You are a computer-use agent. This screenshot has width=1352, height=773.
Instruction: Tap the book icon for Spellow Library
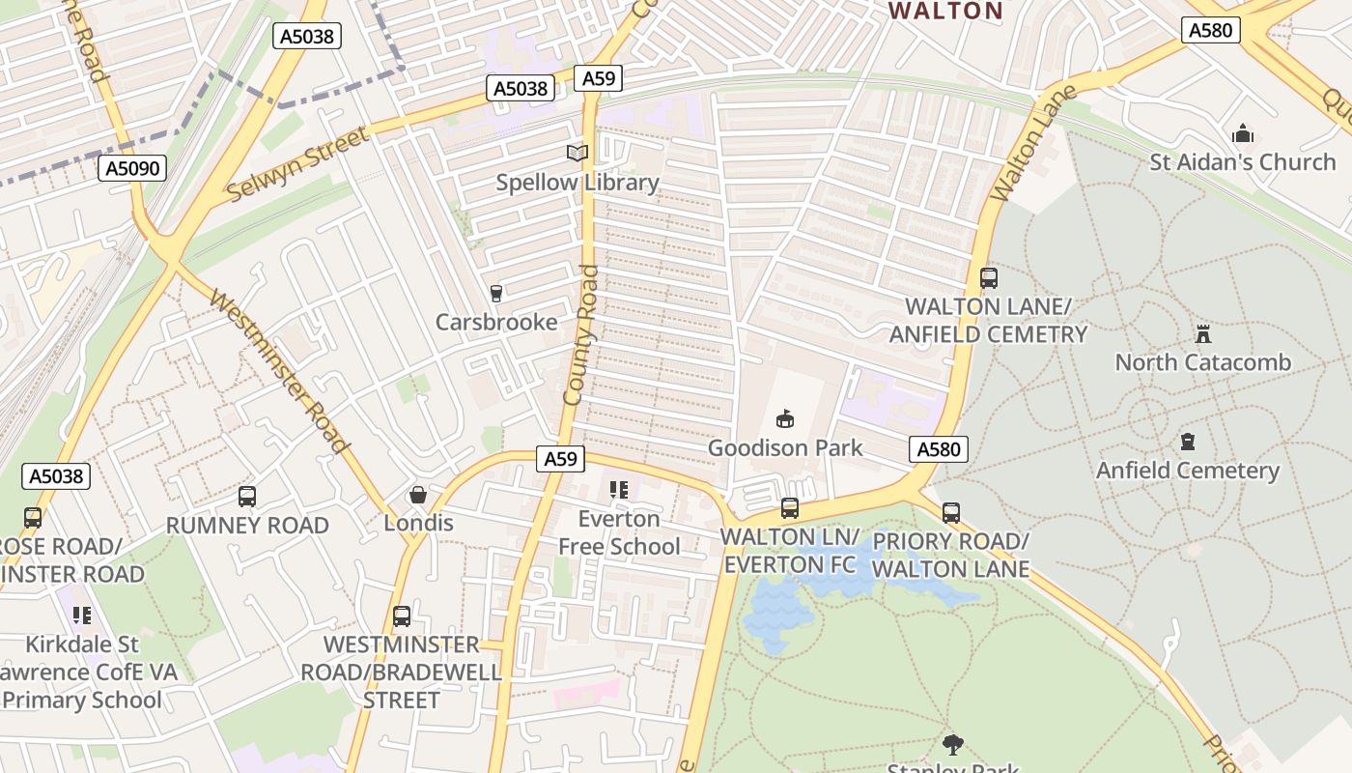click(577, 153)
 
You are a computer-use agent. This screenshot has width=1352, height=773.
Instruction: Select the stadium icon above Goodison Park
click(784, 419)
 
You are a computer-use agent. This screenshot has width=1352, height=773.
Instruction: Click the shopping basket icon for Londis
click(418, 495)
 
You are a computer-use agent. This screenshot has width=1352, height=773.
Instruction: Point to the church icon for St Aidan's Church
click(1243, 133)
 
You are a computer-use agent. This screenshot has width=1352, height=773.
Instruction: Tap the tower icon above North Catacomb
click(1203, 334)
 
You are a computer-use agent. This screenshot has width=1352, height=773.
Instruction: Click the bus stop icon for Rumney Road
click(247, 497)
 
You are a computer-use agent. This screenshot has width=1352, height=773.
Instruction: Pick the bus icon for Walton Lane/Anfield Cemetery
click(988, 278)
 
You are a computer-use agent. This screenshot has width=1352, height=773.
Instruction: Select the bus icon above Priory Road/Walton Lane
click(951, 512)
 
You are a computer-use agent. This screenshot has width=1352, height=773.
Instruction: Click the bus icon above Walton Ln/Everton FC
click(790, 508)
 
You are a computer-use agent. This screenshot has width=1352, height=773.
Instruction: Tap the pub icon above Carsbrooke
click(496, 293)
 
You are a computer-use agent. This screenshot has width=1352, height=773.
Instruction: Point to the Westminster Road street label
click(277, 372)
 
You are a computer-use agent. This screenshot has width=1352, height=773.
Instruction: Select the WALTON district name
click(945, 12)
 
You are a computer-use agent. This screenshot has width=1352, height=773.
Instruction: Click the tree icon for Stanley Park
click(953, 744)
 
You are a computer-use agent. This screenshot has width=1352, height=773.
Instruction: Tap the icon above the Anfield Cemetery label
click(1187, 443)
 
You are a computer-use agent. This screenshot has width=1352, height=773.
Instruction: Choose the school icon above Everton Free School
click(618, 491)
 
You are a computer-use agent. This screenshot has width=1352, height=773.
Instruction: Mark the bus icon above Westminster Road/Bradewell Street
click(402, 616)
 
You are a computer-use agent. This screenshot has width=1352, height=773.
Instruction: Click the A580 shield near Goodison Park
click(938, 449)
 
